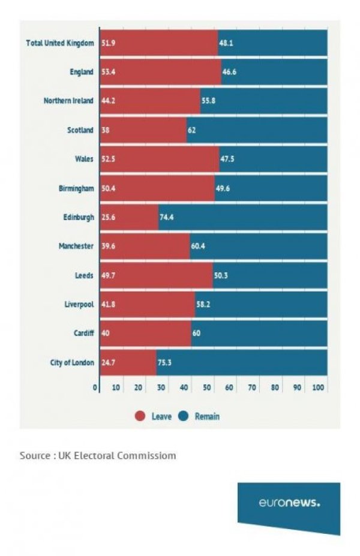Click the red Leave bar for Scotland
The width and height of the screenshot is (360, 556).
pos(143,130)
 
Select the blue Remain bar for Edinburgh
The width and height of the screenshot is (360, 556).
pos(243,217)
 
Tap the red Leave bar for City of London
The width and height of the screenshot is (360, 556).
pos(128,362)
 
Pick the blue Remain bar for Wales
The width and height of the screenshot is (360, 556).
pos(273,159)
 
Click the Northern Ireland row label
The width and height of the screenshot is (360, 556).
pos(68,101)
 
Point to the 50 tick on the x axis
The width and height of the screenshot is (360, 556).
pos(207,388)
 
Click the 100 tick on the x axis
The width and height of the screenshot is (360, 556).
pos(319,388)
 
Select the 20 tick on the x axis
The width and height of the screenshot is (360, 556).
pos(139,388)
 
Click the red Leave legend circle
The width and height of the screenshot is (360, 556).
pos(140,416)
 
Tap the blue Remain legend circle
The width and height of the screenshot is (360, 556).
pos(184,416)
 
